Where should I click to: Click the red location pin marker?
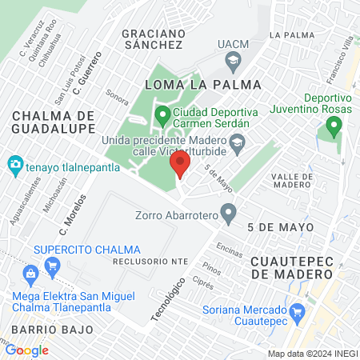click(x=180, y=166)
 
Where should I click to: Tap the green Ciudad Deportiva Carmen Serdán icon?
click(x=162, y=117)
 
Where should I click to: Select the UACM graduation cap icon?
click(x=233, y=60)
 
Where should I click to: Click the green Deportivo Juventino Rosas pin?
click(x=334, y=126)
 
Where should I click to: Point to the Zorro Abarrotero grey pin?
click(x=229, y=214)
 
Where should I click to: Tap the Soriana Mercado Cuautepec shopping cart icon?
click(x=298, y=310)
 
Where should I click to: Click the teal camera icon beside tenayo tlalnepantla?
click(x=14, y=166)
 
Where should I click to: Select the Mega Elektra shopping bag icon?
click(x=30, y=274)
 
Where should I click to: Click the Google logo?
click(x=26, y=350)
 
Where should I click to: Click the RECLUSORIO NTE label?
click(x=143, y=261)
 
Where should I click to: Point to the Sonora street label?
click(x=117, y=92)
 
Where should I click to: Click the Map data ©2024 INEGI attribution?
click(x=311, y=353)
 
